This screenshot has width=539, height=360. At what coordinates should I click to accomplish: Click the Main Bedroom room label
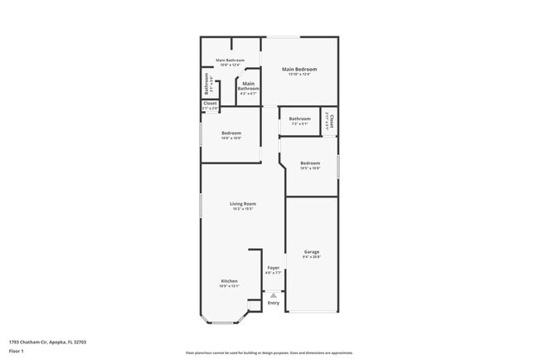point(299,69)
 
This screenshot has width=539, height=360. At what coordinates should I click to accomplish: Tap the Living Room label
point(243,203)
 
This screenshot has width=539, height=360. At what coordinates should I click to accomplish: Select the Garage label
point(312,251)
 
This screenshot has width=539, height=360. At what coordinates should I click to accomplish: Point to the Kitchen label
point(230,281)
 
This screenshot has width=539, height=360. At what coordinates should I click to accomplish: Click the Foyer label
point(274,267)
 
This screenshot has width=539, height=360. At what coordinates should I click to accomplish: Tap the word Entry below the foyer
point(274,302)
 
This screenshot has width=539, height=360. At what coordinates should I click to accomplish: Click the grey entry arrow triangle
point(274,294)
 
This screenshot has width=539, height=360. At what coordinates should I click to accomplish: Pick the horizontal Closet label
point(210,104)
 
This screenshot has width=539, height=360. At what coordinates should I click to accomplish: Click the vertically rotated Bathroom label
point(207,84)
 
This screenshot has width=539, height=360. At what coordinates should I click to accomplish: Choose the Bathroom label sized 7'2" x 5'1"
point(299,119)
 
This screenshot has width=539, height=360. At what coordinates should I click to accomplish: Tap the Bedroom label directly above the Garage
point(310,163)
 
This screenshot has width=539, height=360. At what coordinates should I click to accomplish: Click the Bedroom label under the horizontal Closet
point(231,133)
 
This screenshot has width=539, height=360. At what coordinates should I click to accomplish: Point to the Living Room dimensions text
point(243,209)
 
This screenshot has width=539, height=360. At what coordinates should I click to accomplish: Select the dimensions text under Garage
point(312,257)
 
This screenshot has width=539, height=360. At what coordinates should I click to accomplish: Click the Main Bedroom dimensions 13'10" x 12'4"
point(299,75)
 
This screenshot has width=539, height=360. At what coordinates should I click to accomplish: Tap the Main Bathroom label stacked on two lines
point(249,86)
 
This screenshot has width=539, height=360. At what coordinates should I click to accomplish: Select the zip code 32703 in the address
point(80,341)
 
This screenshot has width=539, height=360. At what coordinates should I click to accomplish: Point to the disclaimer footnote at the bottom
point(269,353)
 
